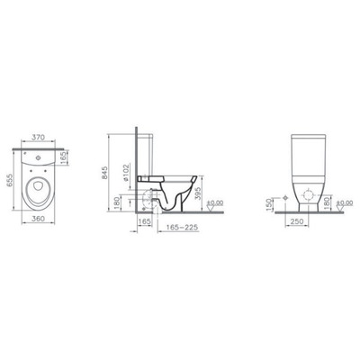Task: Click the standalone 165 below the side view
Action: point(144,220)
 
